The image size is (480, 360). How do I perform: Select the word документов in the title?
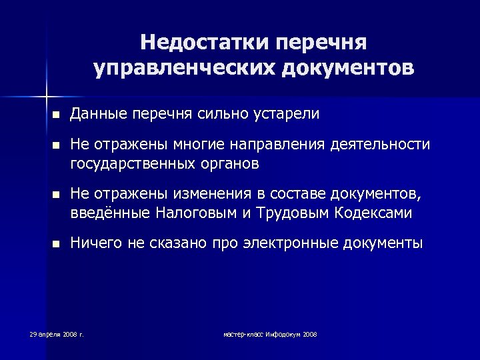tap(348, 68)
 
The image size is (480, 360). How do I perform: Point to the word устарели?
tap(286, 114)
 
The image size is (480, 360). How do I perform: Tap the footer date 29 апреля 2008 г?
tap(56, 333)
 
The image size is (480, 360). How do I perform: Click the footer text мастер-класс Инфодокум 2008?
tap(270, 333)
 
